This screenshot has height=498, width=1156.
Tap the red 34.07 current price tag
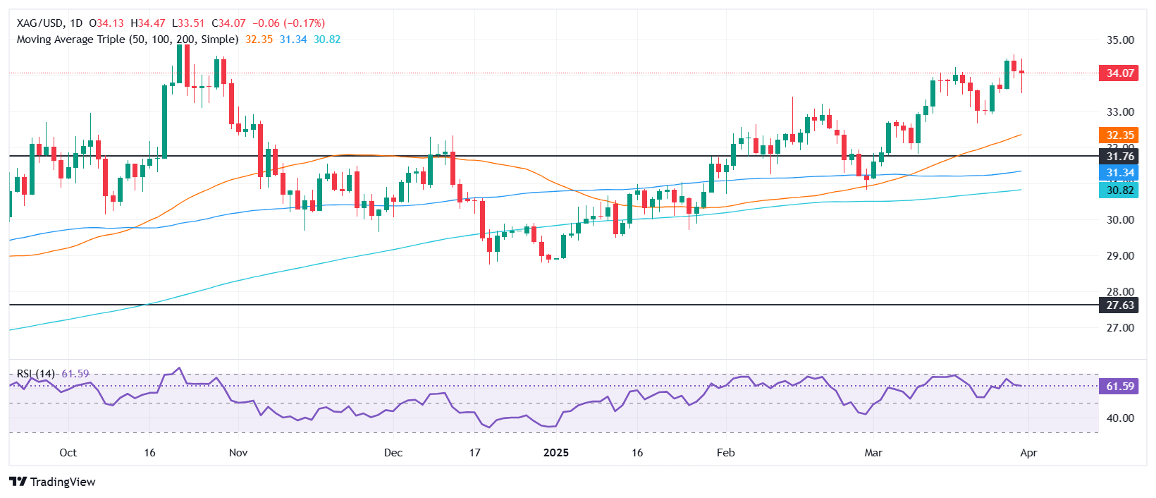[x=1119, y=73]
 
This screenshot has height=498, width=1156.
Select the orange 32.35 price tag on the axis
[x=1119, y=135]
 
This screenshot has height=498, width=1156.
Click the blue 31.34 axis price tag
[x=1119, y=173]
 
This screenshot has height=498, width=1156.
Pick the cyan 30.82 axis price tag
[x=1119, y=190]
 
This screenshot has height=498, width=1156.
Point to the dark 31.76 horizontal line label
[x=1119, y=157]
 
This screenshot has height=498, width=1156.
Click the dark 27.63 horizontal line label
[x=1119, y=305]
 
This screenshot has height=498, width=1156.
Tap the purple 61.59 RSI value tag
[x=1119, y=387]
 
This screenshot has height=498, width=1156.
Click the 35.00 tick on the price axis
[x=1119, y=40]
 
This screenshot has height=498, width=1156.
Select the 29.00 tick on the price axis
[x=1119, y=256]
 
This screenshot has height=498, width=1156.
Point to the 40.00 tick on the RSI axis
[x=1119, y=418]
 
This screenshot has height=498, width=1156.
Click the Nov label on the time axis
[x=238, y=453]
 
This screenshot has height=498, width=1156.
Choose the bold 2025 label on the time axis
[x=555, y=453]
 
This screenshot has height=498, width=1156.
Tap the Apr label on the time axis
[x=1028, y=453]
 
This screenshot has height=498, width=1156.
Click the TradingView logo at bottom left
[x=53, y=482]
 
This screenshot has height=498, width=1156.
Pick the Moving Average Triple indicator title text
[x=128, y=40]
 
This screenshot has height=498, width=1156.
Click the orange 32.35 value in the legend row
[x=259, y=40]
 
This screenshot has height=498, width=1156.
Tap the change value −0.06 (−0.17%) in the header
[x=289, y=23]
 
